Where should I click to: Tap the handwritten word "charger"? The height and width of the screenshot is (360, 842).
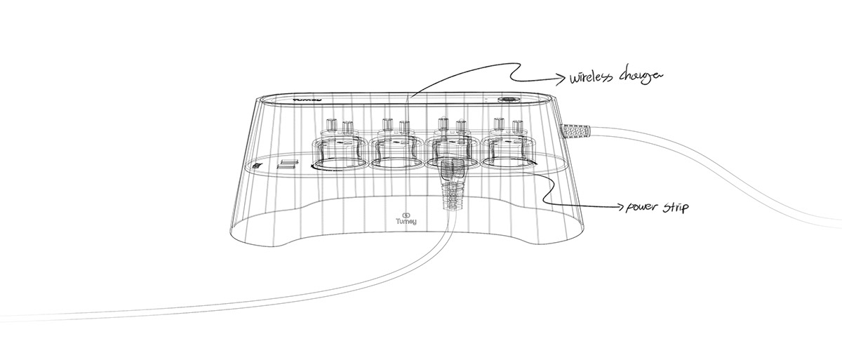(638, 76)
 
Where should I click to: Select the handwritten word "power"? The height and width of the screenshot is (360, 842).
(638, 208)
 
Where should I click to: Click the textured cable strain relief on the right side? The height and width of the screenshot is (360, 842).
(577, 131)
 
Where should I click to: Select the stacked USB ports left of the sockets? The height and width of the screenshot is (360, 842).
(286, 166)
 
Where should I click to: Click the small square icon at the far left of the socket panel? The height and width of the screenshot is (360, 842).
(258, 167)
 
